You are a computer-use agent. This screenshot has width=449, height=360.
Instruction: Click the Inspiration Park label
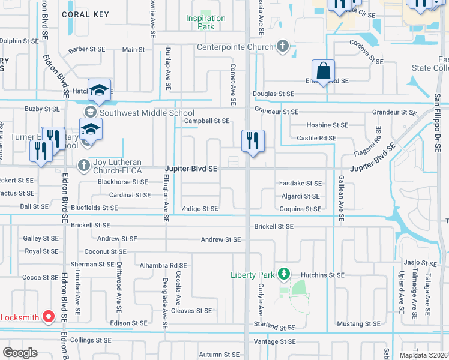pos(205,22)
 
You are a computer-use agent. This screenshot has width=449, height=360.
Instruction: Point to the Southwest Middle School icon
pos(90,112)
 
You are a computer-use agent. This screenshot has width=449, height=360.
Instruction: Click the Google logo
pos(20,352)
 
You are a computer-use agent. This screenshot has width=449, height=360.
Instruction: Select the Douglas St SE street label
pos(273,94)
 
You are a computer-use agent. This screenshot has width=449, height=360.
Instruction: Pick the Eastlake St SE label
pos(300,183)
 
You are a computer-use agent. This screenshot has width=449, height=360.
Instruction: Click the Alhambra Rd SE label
pos(163,265)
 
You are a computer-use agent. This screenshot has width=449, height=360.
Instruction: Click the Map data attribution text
pos(423,355)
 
